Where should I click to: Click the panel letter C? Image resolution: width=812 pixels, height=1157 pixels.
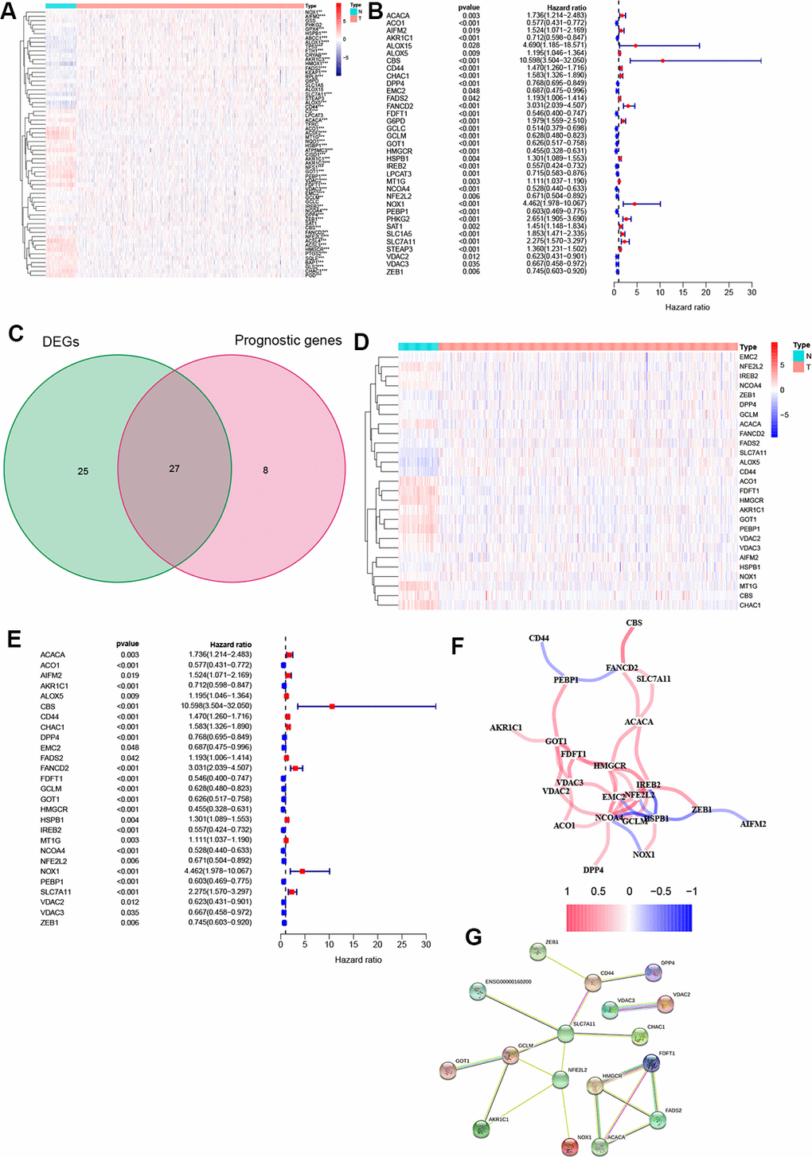tap(15, 332)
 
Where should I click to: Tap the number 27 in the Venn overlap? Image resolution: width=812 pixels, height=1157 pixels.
tap(174, 469)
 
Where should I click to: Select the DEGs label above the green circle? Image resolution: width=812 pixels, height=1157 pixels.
tap(61, 342)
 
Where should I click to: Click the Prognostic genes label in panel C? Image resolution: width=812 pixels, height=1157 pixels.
tap(288, 341)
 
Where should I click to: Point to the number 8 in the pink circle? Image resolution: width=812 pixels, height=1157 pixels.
tap(266, 470)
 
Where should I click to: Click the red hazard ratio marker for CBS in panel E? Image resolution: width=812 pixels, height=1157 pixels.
tap(332, 706)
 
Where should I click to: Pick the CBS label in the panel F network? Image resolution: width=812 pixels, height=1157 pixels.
tap(634, 623)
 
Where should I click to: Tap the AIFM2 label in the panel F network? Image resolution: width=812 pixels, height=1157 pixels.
tap(752, 824)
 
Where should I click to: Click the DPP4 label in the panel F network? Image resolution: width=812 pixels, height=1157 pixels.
tap(593, 870)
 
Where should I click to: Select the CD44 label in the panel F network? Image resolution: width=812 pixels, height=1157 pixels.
tap(539, 638)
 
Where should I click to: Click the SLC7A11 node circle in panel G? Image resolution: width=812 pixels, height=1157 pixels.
tap(565, 1034)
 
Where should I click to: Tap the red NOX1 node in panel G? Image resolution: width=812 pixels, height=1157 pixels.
tap(569, 1146)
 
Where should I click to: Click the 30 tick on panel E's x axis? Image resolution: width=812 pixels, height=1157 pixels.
tap(426, 945)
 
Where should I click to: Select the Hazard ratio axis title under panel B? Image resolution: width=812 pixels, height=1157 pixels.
tap(687, 307)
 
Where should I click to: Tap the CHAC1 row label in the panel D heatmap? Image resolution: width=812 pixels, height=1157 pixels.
tap(750, 606)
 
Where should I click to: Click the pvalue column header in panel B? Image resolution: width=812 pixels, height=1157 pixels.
tap(469, 8)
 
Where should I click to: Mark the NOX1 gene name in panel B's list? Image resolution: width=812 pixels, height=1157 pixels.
tap(396, 205)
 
